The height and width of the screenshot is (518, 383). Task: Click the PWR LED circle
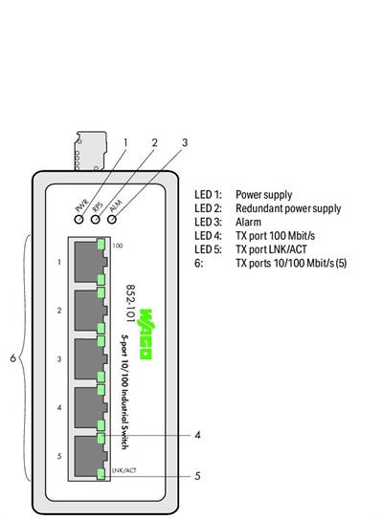[79, 219]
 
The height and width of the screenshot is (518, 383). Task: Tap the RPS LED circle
[96, 219]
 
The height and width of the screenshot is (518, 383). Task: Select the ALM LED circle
[112, 219]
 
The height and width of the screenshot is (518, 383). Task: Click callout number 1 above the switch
[124, 143]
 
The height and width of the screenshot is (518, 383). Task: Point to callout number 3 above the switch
[185, 143]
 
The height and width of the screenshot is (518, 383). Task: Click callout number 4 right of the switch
[196, 435]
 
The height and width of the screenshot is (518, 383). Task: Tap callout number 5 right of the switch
[196, 475]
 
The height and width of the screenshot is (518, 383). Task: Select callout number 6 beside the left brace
[12, 358]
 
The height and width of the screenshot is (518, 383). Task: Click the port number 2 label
[59, 310]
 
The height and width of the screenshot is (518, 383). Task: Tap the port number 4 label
[59, 407]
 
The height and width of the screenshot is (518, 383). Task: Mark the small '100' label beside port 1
[117, 246]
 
